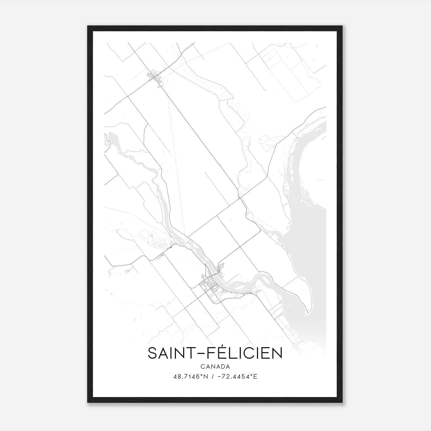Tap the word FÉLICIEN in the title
(x=244, y=353)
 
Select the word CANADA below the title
(x=215, y=367)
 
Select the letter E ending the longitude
(x=255, y=377)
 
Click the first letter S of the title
(x=152, y=353)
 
